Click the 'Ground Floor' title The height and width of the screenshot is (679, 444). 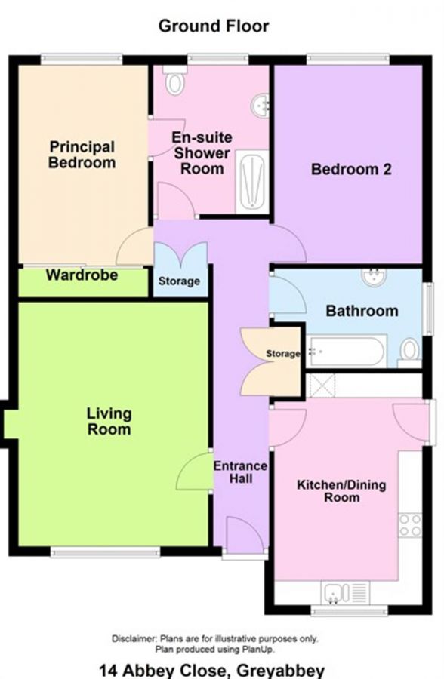[214, 26]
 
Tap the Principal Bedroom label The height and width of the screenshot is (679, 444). [82, 155]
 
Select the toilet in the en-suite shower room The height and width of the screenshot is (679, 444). [174, 80]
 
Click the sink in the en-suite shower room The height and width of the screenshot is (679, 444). [261, 105]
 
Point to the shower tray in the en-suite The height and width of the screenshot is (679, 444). [252, 181]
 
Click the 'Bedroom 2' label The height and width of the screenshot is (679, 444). [351, 169]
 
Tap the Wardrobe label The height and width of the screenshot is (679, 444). [82, 275]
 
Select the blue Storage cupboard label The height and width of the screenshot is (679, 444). [179, 281]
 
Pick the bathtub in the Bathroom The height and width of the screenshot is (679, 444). [346, 351]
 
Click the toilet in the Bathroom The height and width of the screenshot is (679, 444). [409, 351]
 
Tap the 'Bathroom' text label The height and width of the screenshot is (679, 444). [362, 311]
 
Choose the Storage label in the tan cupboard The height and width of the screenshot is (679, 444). [282, 354]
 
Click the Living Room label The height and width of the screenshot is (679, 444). [109, 421]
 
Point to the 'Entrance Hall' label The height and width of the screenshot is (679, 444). [241, 472]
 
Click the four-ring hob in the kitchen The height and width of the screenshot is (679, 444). [410, 525]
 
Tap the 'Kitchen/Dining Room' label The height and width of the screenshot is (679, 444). [341, 491]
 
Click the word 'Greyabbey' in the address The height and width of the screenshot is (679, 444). [281, 671]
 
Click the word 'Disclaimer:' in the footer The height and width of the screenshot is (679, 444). [134, 638]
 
